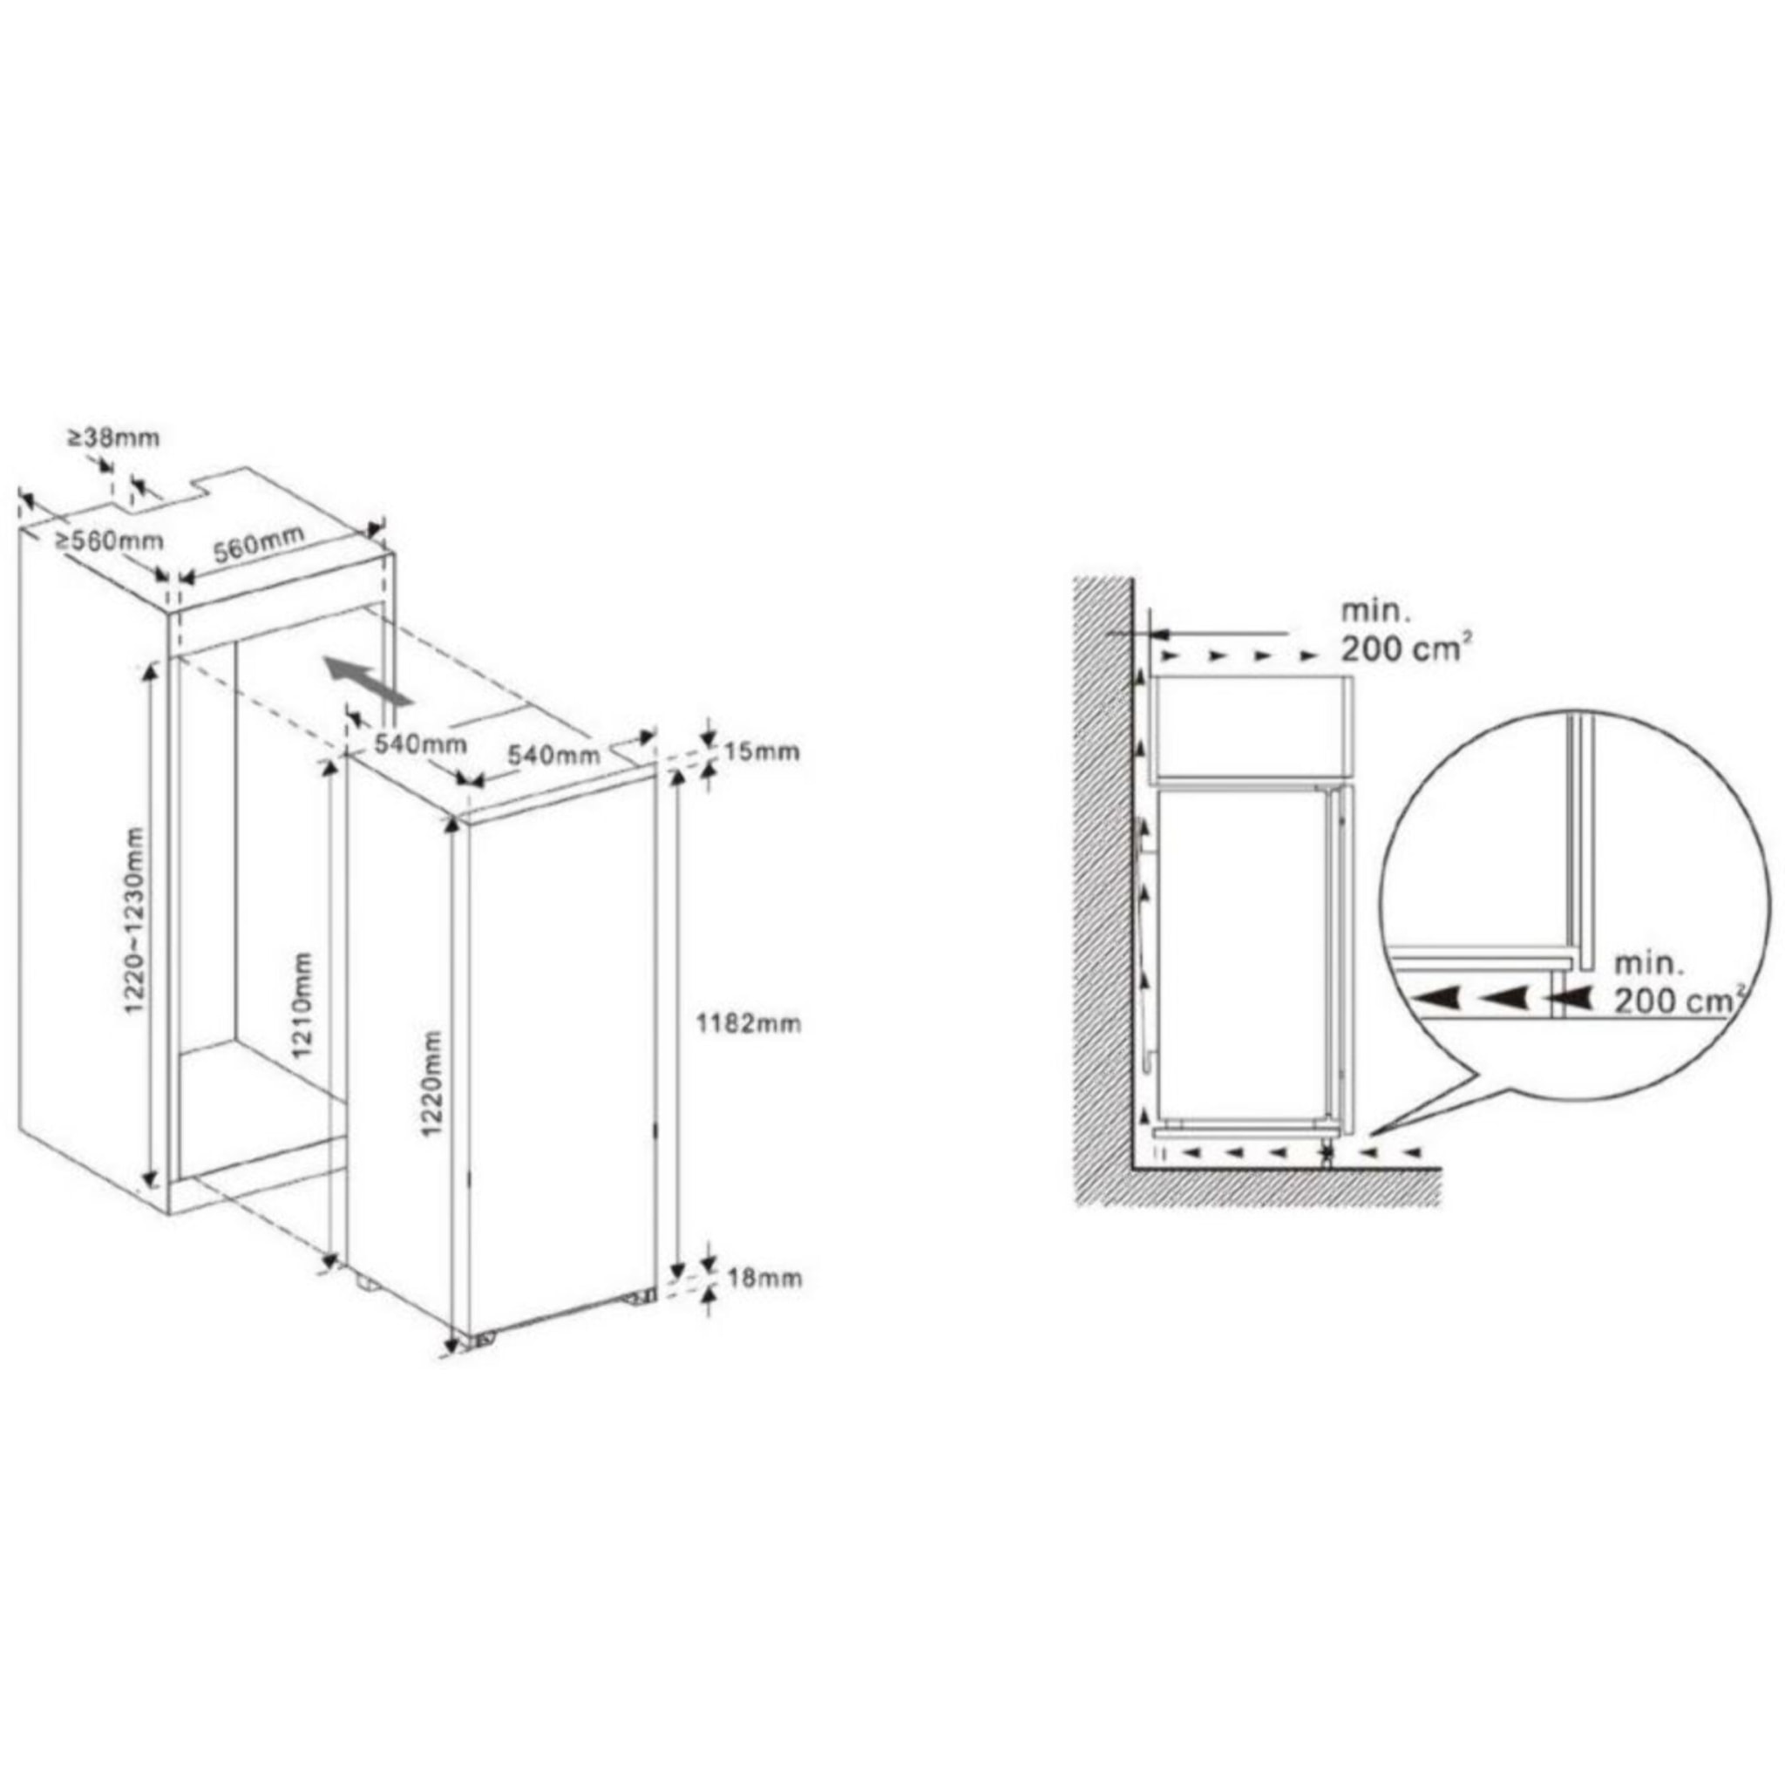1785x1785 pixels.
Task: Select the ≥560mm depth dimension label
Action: (109, 542)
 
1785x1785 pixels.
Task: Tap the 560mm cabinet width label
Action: (259, 545)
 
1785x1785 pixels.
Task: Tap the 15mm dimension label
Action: (760, 751)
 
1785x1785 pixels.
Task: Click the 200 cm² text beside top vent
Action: (1405, 649)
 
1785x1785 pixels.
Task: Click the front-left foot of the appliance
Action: (481, 1341)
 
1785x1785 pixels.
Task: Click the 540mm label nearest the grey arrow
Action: (420, 743)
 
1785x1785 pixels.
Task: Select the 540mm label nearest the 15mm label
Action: (553, 755)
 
